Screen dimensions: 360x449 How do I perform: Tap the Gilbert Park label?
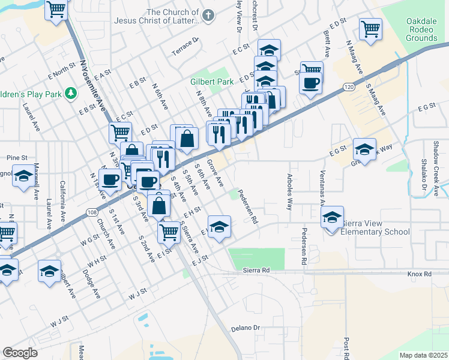[x=211, y=82]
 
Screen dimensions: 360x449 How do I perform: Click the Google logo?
[x=20, y=353]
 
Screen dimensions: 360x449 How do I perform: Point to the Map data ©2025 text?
[x=423, y=355]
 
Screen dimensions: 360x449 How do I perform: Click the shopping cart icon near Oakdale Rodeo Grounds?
[x=370, y=28]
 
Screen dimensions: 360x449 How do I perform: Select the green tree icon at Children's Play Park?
[x=71, y=93]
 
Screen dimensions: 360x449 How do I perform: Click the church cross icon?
[x=208, y=16]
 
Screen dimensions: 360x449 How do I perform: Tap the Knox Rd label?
[x=419, y=274]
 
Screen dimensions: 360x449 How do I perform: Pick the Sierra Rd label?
[x=257, y=271]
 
